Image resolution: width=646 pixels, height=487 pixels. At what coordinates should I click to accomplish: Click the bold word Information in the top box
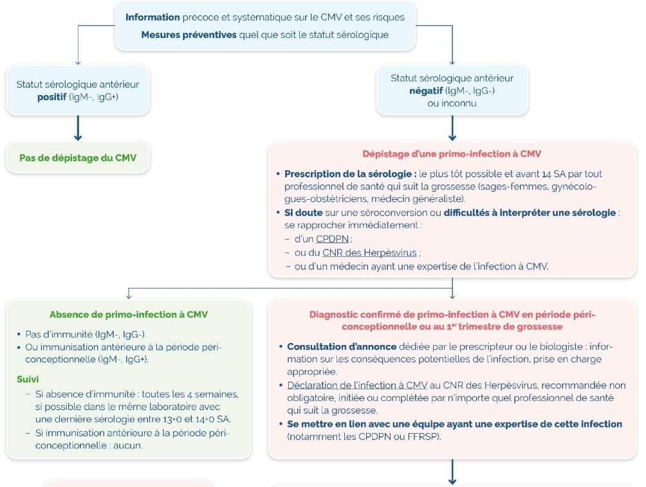coord(152,17)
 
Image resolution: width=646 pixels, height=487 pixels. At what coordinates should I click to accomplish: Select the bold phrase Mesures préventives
coord(189,35)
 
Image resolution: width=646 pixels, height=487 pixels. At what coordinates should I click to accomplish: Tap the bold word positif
coord(52,97)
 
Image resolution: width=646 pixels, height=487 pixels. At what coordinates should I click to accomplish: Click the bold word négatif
coord(426,91)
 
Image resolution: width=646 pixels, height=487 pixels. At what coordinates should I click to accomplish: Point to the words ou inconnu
coord(452,103)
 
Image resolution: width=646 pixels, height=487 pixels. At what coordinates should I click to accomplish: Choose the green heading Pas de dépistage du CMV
coord(78,158)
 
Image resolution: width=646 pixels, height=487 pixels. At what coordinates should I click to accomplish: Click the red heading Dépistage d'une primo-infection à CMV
coord(452,154)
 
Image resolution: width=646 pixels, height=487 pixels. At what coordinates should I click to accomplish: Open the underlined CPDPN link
coord(333,239)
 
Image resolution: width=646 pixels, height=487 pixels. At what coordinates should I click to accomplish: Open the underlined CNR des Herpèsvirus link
coord(369,252)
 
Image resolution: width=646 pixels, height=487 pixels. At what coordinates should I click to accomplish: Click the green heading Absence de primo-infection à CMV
coord(129,315)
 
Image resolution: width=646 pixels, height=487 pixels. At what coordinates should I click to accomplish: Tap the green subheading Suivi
coord(28,379)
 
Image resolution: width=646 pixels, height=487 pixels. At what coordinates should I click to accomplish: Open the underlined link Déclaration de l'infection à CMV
coord(357,385)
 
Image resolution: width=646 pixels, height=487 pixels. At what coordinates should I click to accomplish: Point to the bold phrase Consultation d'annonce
coord(342,347)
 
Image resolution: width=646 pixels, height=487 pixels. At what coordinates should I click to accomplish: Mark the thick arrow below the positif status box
coord(78,128)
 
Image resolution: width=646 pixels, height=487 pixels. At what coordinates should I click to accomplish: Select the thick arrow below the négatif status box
coord(452,128)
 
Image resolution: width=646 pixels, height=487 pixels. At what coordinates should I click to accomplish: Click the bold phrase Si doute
coord(303,213)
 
